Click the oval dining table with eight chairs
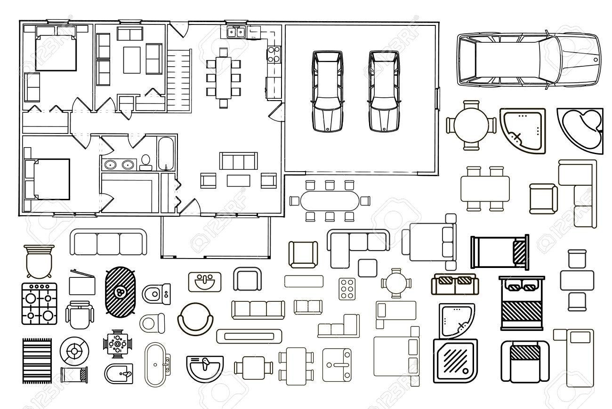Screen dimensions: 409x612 tap(330, 201)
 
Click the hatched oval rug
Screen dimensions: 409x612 tap(121, 292)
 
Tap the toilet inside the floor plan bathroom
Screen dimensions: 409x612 tap(145, 162)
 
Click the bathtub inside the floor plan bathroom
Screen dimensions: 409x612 tap(166, 153)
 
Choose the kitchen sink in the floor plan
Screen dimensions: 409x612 tap(236, 32)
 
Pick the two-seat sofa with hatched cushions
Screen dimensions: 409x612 tap(455, 284)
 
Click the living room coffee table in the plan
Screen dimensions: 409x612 tap(238, 181)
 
